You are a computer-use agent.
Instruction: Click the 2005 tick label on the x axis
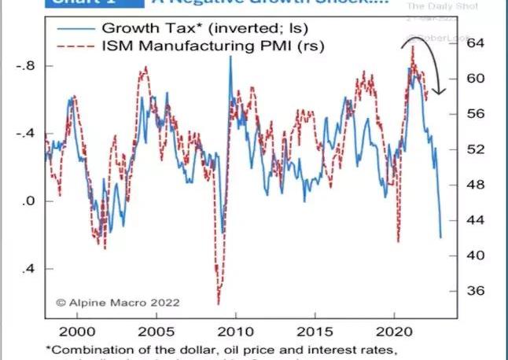tap(152, 332)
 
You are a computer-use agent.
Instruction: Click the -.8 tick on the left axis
tap(25, 66)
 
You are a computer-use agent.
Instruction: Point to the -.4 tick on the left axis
tap(25, 134)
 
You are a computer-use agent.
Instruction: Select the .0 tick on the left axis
tap(29, 201)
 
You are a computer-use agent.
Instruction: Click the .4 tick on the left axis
tap(29, 269)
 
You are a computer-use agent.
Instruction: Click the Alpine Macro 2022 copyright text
tap(117, 302)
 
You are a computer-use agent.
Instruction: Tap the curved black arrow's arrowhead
tap(439, 92)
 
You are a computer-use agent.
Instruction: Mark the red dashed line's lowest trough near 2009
tap(218, 303)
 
